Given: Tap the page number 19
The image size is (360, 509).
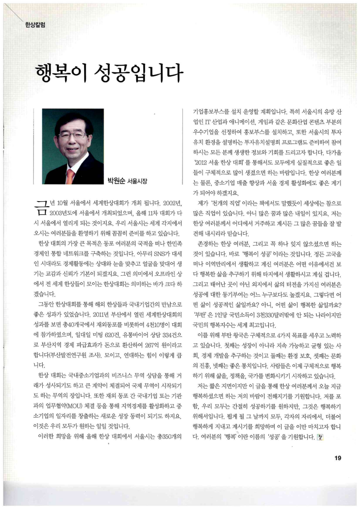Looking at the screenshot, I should (x=337, y=458).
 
